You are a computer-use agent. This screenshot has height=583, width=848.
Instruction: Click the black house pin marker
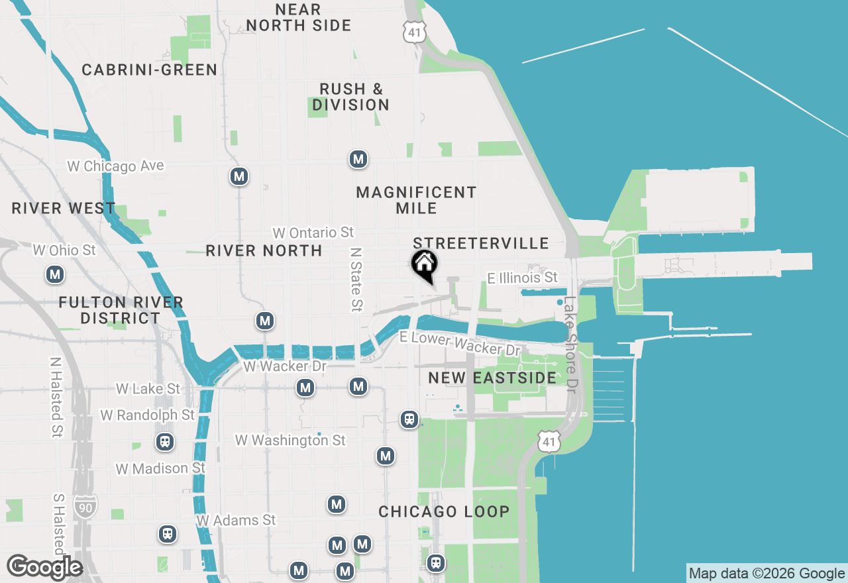point(424,264)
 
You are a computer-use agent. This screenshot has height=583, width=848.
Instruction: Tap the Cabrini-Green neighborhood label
point(150,70)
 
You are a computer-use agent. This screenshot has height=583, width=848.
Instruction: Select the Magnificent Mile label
point(416,200)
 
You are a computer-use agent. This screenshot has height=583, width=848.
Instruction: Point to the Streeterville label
point(481,243)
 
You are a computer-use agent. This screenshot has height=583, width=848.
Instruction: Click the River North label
point(264,250)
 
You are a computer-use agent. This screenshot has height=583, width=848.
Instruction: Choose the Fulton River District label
point(121,310)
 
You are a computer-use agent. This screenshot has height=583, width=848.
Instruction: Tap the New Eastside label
point(492,378)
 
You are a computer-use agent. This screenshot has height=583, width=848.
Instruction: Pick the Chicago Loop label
point(444,511)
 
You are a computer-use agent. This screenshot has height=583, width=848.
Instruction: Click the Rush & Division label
point(350,97)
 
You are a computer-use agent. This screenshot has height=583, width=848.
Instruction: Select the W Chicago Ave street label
point(115,166)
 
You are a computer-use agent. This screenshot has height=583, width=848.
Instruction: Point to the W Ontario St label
point(313,233)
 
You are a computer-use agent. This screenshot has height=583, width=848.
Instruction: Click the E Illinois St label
point(523,278)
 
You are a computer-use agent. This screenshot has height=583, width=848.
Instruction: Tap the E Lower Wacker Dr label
point(460,343)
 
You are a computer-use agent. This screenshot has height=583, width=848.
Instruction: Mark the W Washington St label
point(290,440)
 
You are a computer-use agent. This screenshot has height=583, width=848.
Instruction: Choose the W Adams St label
point(236,520)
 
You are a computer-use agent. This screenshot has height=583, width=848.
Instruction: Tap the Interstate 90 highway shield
point(85,505)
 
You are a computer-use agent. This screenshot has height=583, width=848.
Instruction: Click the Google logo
point(44,567)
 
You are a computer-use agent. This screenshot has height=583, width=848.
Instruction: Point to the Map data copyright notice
point(767,574)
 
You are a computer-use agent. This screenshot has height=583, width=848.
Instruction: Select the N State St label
point(357,280)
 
